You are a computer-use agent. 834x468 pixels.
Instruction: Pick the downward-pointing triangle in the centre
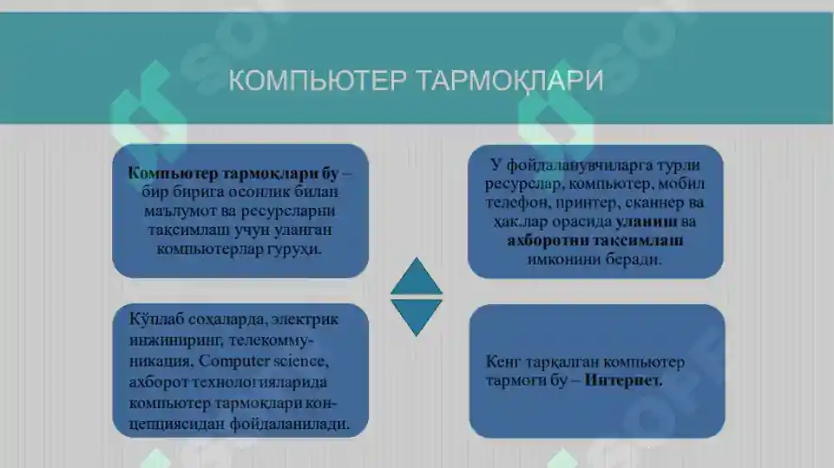(x=417, y=317)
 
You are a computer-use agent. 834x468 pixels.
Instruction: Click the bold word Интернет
(x=623, y=380)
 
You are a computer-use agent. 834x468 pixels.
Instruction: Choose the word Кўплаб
(x=154, y=319)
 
